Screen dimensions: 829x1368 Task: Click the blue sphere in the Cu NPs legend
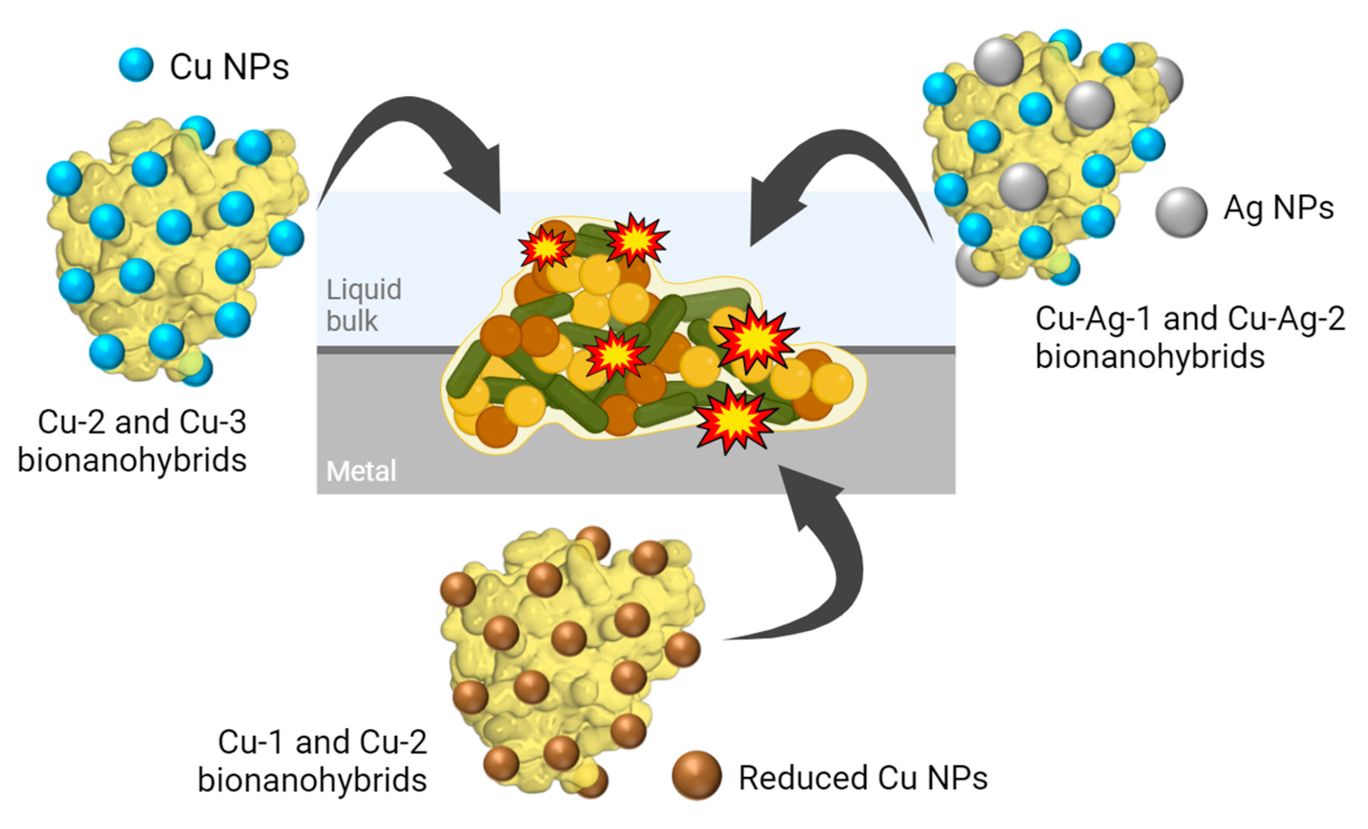click(x=136, y=65)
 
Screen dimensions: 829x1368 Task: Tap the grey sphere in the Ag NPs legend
click(x=1181, y=212)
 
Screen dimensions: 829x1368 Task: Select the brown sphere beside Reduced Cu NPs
click(x=696, y=775)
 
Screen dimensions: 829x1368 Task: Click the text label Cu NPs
click(x=229, y=67)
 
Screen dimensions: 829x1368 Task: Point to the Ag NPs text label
click(x=1278, y=209)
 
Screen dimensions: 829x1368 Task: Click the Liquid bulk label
click(x=364, y=305)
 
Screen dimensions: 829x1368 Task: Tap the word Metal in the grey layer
click(x=361, y=471)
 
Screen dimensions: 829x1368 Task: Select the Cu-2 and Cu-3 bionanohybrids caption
click(x=133, y=441)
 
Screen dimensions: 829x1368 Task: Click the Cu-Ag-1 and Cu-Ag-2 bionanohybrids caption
click(x=1190, y=338)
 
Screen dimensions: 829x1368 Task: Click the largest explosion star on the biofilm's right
click(x=756, y=339)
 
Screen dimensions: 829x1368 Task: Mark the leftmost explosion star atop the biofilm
click(x=546, y=247)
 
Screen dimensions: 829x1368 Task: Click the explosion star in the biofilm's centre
click(x=616, y=355)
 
